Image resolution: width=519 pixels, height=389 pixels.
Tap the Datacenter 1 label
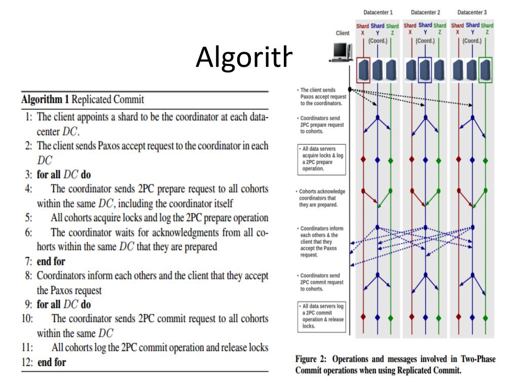pos(378,12)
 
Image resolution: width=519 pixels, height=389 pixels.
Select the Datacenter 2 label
pos(425,12)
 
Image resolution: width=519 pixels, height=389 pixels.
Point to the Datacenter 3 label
pos(471,12)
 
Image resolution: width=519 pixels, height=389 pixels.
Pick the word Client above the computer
pos(342,33)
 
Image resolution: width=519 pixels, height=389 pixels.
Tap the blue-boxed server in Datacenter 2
pos(425,69)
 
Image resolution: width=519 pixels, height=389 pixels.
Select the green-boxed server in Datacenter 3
pos(486,69)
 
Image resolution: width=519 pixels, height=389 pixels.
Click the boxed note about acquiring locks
pos(321,159)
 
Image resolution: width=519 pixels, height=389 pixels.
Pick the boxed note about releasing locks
pos(321,316)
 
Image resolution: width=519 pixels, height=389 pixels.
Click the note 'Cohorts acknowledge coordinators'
pos(321,198)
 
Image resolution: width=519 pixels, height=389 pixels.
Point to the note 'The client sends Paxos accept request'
pos(321,96)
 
